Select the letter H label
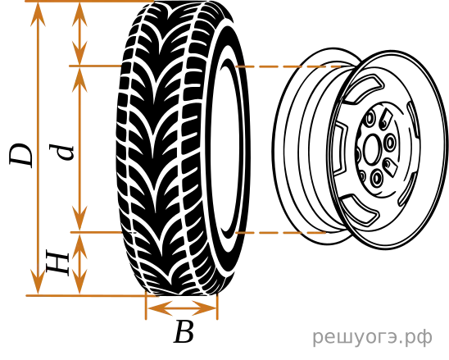[58, 263]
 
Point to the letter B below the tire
[184, 332]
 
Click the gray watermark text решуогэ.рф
[372, 337]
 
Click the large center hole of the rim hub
[372, 149]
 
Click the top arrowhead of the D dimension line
[38, 14]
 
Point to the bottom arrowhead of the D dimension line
[38, 281]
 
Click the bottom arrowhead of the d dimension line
[79, 218]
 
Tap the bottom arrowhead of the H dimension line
[79, 281]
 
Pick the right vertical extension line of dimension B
[217, 306]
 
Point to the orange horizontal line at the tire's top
[89, 1]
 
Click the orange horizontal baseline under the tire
[92, 295]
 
